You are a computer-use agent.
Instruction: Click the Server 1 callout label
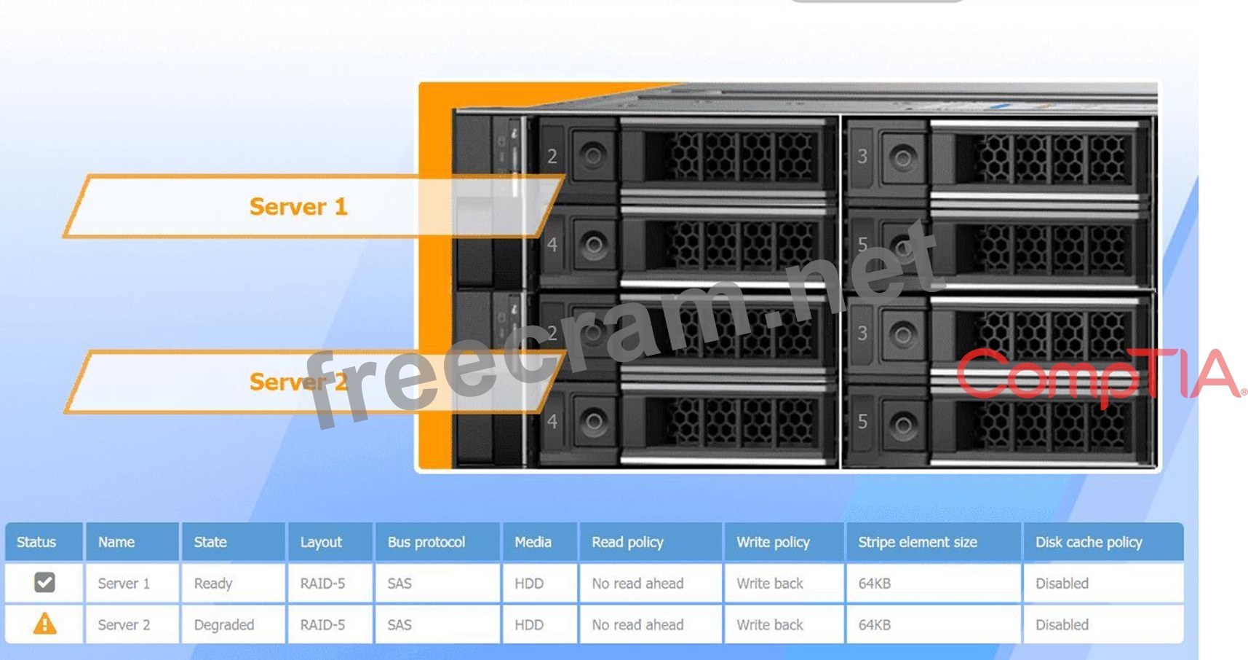[298, 207]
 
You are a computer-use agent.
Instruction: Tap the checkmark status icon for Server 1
[44, 583]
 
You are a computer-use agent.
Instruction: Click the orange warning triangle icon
[44, 624]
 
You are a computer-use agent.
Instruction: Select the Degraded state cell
[224, 625]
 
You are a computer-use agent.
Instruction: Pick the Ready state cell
[213, 584]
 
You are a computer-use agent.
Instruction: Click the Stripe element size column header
[917, 542]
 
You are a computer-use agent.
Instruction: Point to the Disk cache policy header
[1089, 542]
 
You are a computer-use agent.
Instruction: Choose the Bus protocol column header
[426, 542]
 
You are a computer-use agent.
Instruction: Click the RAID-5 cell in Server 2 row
[322, 625]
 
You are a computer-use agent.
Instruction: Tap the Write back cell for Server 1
[770, 584]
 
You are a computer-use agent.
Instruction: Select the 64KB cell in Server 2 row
[874, 625]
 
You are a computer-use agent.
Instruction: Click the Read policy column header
[627, 542]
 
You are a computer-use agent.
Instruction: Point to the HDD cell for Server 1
[529, 584]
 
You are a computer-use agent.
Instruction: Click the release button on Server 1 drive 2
[592, 155]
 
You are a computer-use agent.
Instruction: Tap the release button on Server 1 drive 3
[902, 157]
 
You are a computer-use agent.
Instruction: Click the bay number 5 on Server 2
[862, 422]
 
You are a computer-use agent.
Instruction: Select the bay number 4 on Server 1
[552, 245]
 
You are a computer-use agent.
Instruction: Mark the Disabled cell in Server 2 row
[1062, 625]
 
